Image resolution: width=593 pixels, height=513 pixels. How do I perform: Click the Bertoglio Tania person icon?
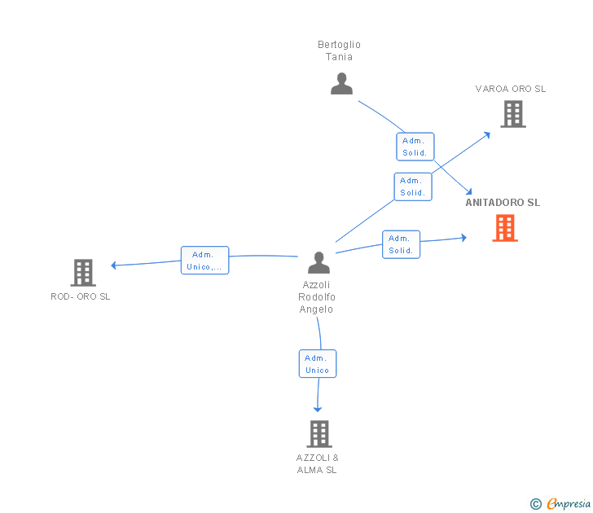[341, 84]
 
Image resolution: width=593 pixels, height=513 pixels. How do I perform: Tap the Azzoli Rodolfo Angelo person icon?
[318, 262]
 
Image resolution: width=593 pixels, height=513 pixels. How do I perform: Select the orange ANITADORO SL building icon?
[505, 228]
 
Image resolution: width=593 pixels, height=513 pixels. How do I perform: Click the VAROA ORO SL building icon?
[513, 114]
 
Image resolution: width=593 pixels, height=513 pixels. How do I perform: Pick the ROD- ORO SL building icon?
[83, 273]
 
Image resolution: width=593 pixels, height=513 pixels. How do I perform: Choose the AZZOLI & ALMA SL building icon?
[319, 434]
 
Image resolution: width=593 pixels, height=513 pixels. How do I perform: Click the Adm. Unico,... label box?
[204, 261]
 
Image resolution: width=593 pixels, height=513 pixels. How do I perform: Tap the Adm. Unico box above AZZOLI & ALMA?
[318, 364]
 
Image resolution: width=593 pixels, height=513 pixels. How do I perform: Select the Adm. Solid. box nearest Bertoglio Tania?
[415, 147]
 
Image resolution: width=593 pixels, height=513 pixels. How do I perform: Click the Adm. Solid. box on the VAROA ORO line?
[413, 186]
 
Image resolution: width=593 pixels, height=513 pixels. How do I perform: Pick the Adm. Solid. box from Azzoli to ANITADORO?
[401, 244]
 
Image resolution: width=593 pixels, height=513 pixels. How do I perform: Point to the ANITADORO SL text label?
[503, 203]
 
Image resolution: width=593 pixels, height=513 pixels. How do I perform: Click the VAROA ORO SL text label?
[511, 89]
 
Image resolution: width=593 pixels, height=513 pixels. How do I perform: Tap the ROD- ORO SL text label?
[81, 296]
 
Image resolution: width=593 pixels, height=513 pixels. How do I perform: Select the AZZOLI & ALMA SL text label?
[318, 464]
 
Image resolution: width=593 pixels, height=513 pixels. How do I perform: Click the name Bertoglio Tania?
[339, 50]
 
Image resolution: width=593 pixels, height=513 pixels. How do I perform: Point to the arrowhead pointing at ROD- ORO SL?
[113, 265]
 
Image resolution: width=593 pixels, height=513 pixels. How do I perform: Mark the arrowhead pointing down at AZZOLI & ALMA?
[318, 409]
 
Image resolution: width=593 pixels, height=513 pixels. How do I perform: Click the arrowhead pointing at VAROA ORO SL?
[487, 134]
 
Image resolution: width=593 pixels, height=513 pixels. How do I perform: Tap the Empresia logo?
[560, 503]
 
